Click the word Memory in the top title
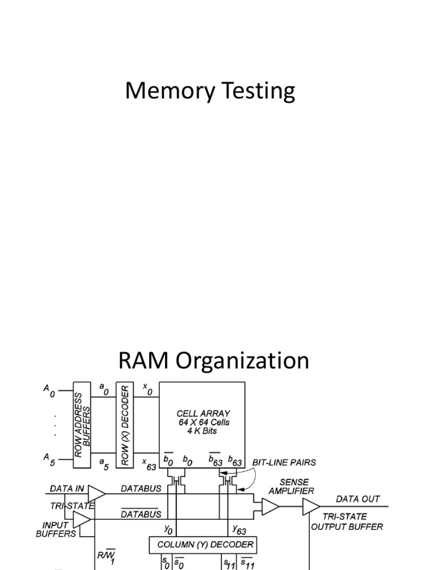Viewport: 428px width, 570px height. point(170,91)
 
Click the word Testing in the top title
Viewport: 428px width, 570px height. point(259,91)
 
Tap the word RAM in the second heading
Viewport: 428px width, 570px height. point(143,360)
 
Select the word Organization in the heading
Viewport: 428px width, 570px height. point(242,361)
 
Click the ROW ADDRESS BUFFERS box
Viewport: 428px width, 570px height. point(82,425)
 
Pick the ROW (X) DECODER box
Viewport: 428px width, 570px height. point(125,425)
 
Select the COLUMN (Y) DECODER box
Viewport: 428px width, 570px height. point(203,545)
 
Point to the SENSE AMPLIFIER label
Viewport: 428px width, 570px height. point(291,487)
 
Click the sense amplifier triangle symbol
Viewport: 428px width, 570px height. point(270,507)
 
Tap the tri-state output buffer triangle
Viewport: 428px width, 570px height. point(310,507)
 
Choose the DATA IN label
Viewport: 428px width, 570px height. point(67,489)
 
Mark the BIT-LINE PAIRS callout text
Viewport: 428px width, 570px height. point(284,463)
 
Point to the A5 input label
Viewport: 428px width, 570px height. point(49,459)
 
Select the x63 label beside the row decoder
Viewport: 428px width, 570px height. point(149,464)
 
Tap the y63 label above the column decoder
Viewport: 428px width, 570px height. point(239,530)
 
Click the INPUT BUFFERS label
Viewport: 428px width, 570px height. point(56,529)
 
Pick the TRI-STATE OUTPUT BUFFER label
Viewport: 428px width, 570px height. point(347,522)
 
